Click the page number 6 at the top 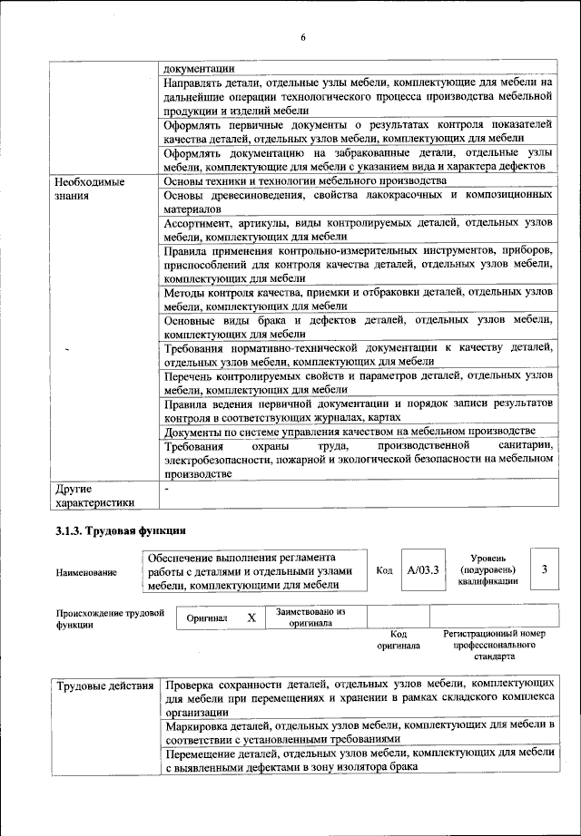303,37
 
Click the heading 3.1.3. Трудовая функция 121,530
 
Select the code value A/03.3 423,570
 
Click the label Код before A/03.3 384,570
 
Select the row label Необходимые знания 90,188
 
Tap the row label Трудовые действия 104,685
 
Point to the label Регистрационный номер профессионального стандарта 494,645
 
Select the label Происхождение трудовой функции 110,618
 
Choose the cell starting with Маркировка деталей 358,733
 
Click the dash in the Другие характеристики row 167,490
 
